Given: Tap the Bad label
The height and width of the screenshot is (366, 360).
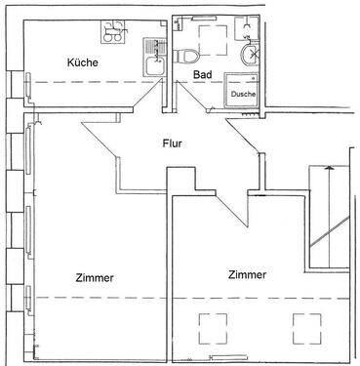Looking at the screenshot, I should coord(202,74).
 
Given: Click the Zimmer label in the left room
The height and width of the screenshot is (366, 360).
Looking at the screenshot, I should coord(95,278).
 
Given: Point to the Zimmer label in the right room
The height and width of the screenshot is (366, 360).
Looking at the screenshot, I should coord(246,274).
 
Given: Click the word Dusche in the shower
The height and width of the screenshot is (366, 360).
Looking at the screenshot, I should coord(243,95).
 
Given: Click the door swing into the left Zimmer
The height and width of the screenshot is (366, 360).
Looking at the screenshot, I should coord(102,146).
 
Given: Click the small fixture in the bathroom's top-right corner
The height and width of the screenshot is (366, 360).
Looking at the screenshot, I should coord(251,24).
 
